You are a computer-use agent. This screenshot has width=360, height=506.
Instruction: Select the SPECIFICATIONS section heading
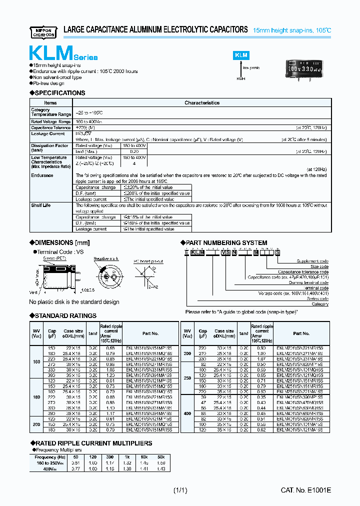click(x=58, y=93)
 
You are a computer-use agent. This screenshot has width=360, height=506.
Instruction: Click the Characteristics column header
click(x=202, y=102)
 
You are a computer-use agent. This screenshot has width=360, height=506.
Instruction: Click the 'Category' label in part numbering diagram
click(x=320, y=304)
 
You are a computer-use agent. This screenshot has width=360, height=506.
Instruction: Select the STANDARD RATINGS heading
click(x=63, y=316)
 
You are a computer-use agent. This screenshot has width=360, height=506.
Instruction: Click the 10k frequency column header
click(x=144, y=457)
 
